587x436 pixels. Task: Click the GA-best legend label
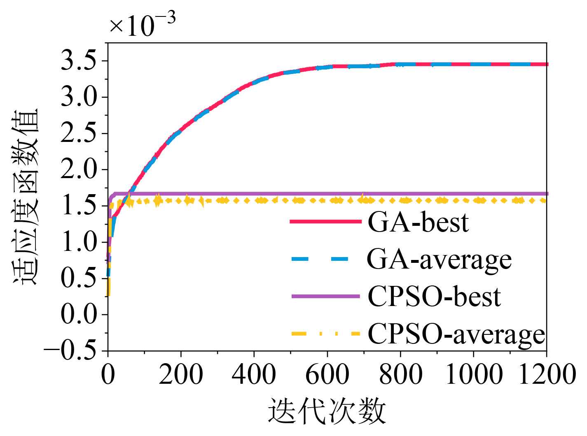click(x=418, y=222)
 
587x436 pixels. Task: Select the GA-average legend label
click(x=439, y=260)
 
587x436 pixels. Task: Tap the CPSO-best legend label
click(x=434, y=297)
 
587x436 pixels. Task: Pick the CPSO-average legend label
click(x=456, y=334)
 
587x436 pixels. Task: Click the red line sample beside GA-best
click(x=325, y=221)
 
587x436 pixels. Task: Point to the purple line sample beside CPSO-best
click(x=325, y=296)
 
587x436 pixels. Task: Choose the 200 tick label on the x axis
click(x=181, y=375)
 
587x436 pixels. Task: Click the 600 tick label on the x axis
click(x=327, y=375)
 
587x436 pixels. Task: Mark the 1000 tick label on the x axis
click(x=473, y=375)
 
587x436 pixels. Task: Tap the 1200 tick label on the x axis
click(x=546, y=375)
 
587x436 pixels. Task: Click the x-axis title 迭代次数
click(x=327, y=411)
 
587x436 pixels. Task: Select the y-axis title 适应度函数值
click(x=26, y=197)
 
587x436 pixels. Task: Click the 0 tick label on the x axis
click(x=108, y=375)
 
